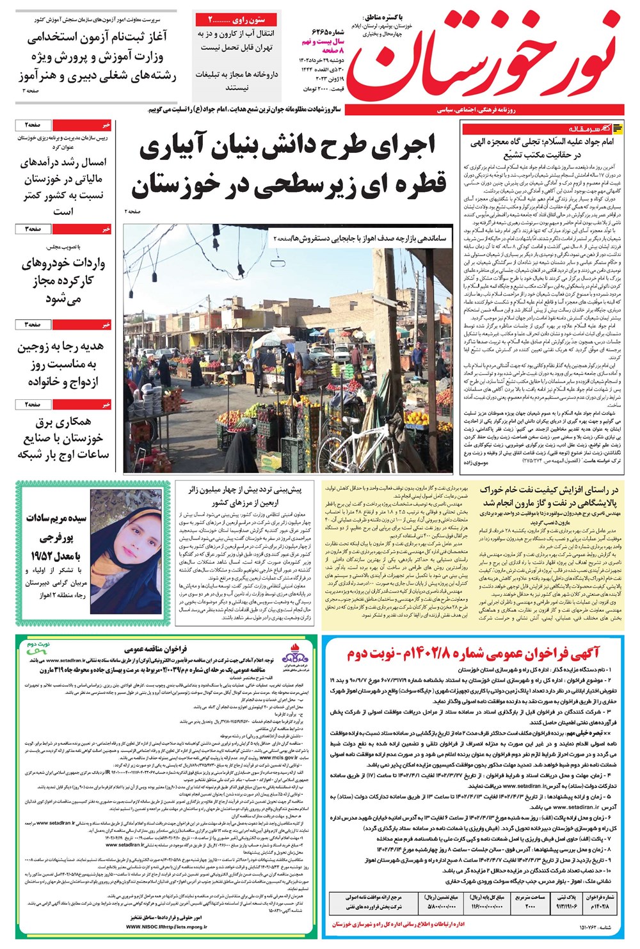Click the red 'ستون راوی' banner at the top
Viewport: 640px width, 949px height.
pos(237,20)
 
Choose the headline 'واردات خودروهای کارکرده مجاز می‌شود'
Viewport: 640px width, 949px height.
pos(63,280)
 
